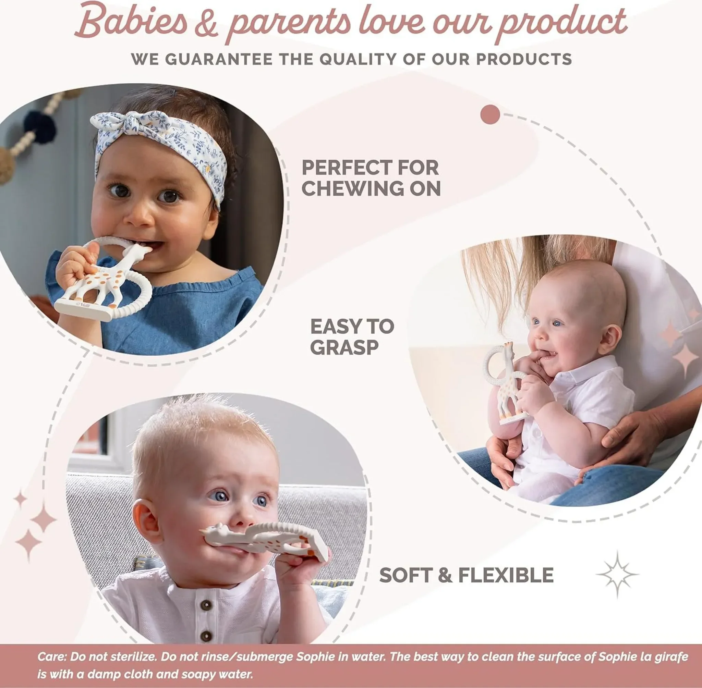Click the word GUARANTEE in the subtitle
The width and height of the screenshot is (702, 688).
(x=219, y=59)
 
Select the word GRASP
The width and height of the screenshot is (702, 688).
(x=344, y=347)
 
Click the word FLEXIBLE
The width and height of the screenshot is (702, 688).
(x=506, y=575)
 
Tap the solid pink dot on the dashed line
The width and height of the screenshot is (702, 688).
(x=490, y=114)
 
